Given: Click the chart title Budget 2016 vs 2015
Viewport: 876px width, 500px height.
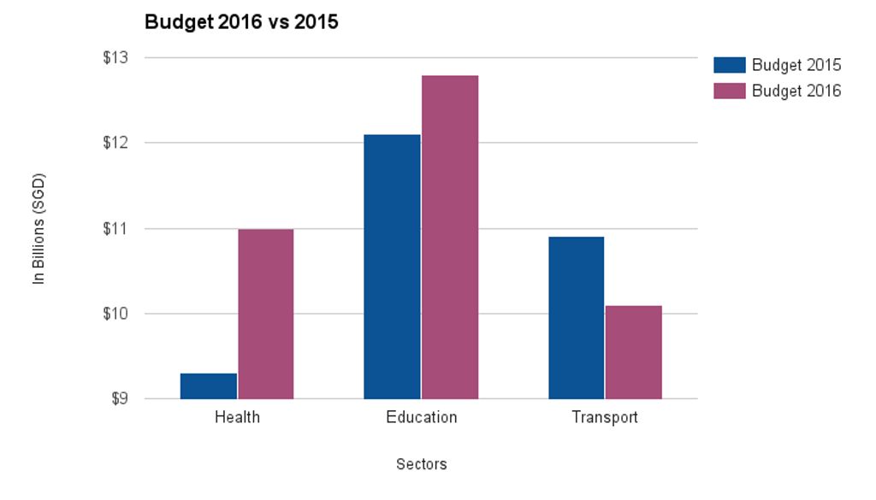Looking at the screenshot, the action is (241, 22).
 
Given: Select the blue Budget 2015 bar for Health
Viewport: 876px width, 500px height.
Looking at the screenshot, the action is (209, 386).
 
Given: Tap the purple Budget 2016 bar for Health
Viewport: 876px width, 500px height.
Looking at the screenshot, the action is (266, 315).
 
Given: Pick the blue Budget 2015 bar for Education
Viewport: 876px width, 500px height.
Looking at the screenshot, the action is (392, 267).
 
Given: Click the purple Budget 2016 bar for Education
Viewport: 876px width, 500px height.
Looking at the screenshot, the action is (450, 237).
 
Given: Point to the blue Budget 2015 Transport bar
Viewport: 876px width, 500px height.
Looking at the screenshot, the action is (576, 318).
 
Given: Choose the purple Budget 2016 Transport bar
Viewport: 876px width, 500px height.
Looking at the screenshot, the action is (634, 353).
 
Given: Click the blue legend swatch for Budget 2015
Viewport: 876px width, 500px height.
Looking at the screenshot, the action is (730, 65).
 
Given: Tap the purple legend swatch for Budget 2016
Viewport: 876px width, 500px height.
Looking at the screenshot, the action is (730, 91).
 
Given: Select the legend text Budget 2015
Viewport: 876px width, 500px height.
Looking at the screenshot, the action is (796, 65).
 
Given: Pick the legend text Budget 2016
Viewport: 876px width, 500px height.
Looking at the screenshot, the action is (796, 91).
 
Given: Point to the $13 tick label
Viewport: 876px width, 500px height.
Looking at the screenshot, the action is (115, 57).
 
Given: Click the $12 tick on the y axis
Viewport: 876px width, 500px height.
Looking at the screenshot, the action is (115, 143).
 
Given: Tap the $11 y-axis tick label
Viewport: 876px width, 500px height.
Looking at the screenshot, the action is (115, 229).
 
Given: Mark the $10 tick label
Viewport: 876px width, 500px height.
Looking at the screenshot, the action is (115, 314).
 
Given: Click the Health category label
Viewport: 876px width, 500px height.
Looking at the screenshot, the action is (238, 417).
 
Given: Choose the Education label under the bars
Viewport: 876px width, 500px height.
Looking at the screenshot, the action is (422, 417).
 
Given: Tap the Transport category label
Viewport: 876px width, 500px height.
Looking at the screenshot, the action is (605, 418).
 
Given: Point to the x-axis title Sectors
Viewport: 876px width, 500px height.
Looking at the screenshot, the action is (422, 464).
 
